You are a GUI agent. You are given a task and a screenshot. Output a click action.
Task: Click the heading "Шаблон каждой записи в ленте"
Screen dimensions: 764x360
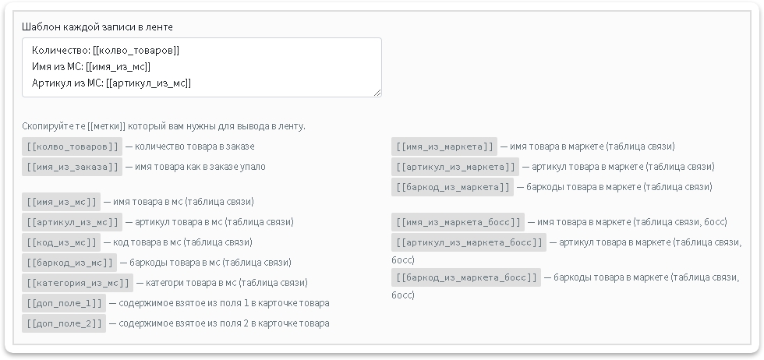[x=97, y=26]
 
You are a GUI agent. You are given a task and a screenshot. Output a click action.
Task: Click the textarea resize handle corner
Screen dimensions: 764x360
[x=377, y=93]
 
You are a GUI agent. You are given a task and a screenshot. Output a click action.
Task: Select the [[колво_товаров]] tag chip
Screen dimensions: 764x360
[x=72, y=146]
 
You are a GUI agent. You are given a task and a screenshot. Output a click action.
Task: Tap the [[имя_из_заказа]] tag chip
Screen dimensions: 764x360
[x=72, y=167]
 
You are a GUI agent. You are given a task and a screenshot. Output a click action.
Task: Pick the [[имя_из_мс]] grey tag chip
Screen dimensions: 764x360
[x=61, y=202]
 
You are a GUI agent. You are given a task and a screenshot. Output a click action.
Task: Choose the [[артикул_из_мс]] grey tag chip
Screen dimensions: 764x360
[x=72, y=222]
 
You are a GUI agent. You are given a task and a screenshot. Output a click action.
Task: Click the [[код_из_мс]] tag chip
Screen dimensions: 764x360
[x=61, y=242]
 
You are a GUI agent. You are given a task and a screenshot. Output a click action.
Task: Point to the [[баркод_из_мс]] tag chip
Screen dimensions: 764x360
[x=69, y=263]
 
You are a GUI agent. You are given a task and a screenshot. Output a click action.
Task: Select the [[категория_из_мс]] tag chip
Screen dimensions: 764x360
[x=77, y=283]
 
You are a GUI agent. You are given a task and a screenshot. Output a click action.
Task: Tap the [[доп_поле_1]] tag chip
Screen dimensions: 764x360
[x=64, y=303]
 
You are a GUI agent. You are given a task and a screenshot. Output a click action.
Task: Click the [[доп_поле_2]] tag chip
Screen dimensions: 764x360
[x=64, y=323]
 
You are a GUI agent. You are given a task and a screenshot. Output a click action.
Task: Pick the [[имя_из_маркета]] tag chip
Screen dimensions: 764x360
[x=444, y=146]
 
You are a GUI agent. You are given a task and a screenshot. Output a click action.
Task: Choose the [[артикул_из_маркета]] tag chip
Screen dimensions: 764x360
[x=455, y=167]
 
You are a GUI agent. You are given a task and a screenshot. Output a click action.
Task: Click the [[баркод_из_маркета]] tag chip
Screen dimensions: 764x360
[x=453, y=187]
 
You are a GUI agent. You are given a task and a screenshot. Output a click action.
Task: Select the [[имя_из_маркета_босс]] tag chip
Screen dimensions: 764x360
[x=458, y=222]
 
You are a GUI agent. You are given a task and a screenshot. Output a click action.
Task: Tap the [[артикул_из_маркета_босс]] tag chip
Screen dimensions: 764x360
[x=469, y=242]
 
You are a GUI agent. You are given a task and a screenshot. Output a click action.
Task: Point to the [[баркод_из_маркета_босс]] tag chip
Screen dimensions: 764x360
[x=466, y=277]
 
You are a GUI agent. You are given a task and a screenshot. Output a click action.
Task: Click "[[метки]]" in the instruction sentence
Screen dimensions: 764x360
[x=107, y=126]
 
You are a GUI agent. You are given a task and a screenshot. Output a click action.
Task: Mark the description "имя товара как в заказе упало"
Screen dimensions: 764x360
[x=200, y=167]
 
